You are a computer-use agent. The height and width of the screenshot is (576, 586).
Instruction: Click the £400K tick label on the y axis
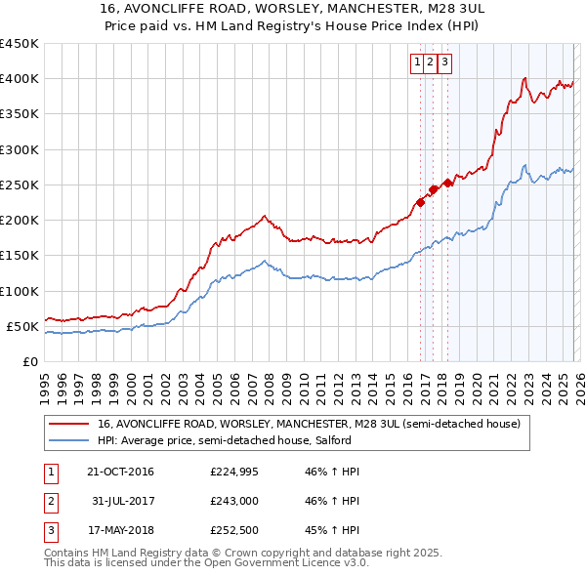20,79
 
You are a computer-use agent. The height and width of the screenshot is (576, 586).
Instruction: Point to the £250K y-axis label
20,185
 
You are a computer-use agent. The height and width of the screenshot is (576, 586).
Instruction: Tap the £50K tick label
23,326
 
